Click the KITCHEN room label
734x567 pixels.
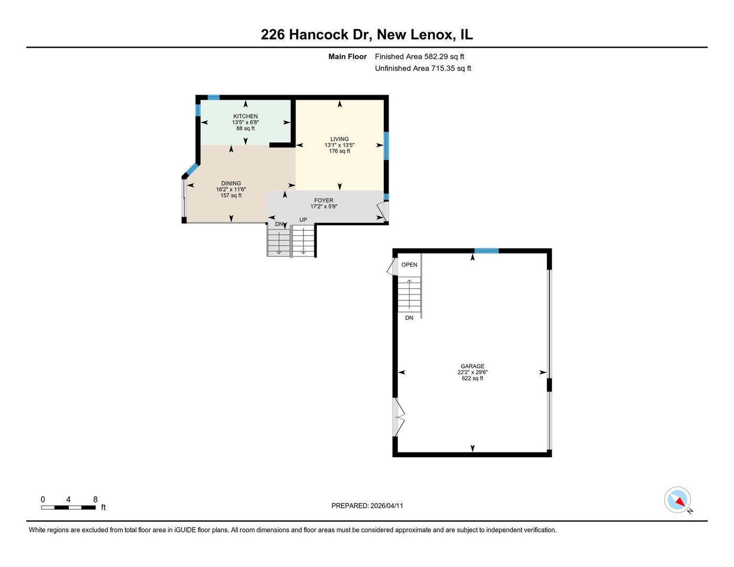click(x=245, y=116)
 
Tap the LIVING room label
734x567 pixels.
click(x=339, y=139)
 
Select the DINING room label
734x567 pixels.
click(x=230, y=183)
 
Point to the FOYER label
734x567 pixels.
click(x=323, y=200)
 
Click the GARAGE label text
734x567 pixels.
click(x=472, y=366)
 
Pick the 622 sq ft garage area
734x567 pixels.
click(x=472, y=378)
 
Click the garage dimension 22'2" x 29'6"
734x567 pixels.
click(x=472, y=372)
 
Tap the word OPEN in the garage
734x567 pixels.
click(x=409, y=265)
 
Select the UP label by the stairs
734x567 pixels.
click(x=303, y=219)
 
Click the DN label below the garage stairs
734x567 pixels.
click(x=409, y=318)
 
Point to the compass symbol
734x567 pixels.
click(x=677, y=499)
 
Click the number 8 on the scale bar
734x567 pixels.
click(x=95, y=499)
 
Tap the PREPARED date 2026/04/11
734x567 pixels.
click(x=367, y=506)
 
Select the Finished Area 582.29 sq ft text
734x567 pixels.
click(x=419, y=57)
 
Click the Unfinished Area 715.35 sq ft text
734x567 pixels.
click(x=423, y=68)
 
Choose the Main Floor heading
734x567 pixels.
click(x=347, y=57)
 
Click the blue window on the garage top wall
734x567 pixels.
click(x=486, y=251)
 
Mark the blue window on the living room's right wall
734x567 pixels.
click(x=386, y=145)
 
